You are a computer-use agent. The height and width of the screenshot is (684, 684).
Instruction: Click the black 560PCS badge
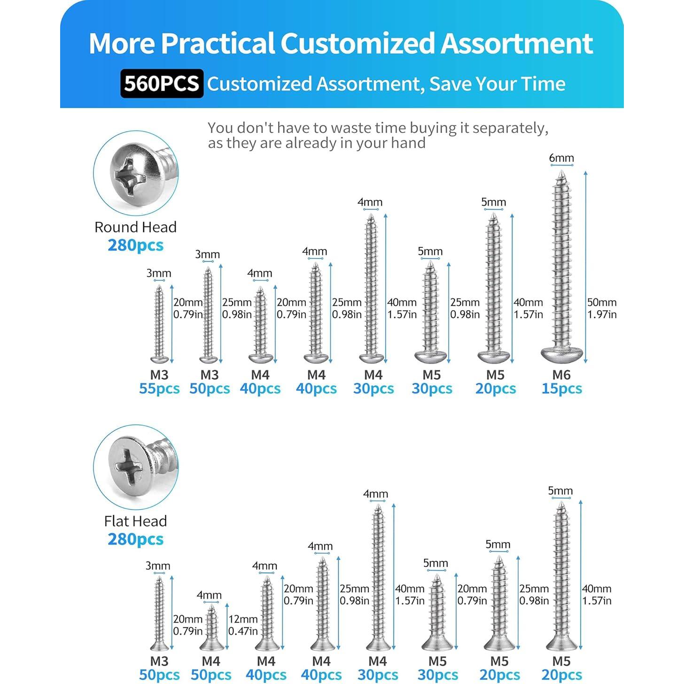click(162, 84)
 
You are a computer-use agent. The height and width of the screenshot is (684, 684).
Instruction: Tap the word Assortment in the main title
click(517, 43)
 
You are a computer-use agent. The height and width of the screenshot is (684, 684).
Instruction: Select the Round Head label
click(135, 227)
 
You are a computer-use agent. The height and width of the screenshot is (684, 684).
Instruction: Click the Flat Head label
click(135, 521)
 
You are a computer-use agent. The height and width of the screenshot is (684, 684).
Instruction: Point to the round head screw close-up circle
click(136, 173)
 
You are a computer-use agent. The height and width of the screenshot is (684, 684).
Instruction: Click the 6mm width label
click(561, 158)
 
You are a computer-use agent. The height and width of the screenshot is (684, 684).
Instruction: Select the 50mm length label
click(602, 303)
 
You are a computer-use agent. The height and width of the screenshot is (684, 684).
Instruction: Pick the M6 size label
click(561, 375)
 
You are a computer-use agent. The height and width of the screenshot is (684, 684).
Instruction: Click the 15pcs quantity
click(561, 389)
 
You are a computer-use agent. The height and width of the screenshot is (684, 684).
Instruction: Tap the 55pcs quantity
click(159, 389)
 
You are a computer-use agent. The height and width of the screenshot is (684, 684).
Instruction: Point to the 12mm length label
click(243, 619)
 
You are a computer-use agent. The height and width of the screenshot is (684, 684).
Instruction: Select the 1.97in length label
click(602, 315)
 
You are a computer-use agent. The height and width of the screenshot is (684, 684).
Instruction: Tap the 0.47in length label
click(243, 631)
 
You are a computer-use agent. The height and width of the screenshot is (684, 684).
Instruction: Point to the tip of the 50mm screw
click(561, 174)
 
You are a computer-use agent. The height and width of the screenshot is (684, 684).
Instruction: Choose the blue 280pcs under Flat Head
click(135, 539)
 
